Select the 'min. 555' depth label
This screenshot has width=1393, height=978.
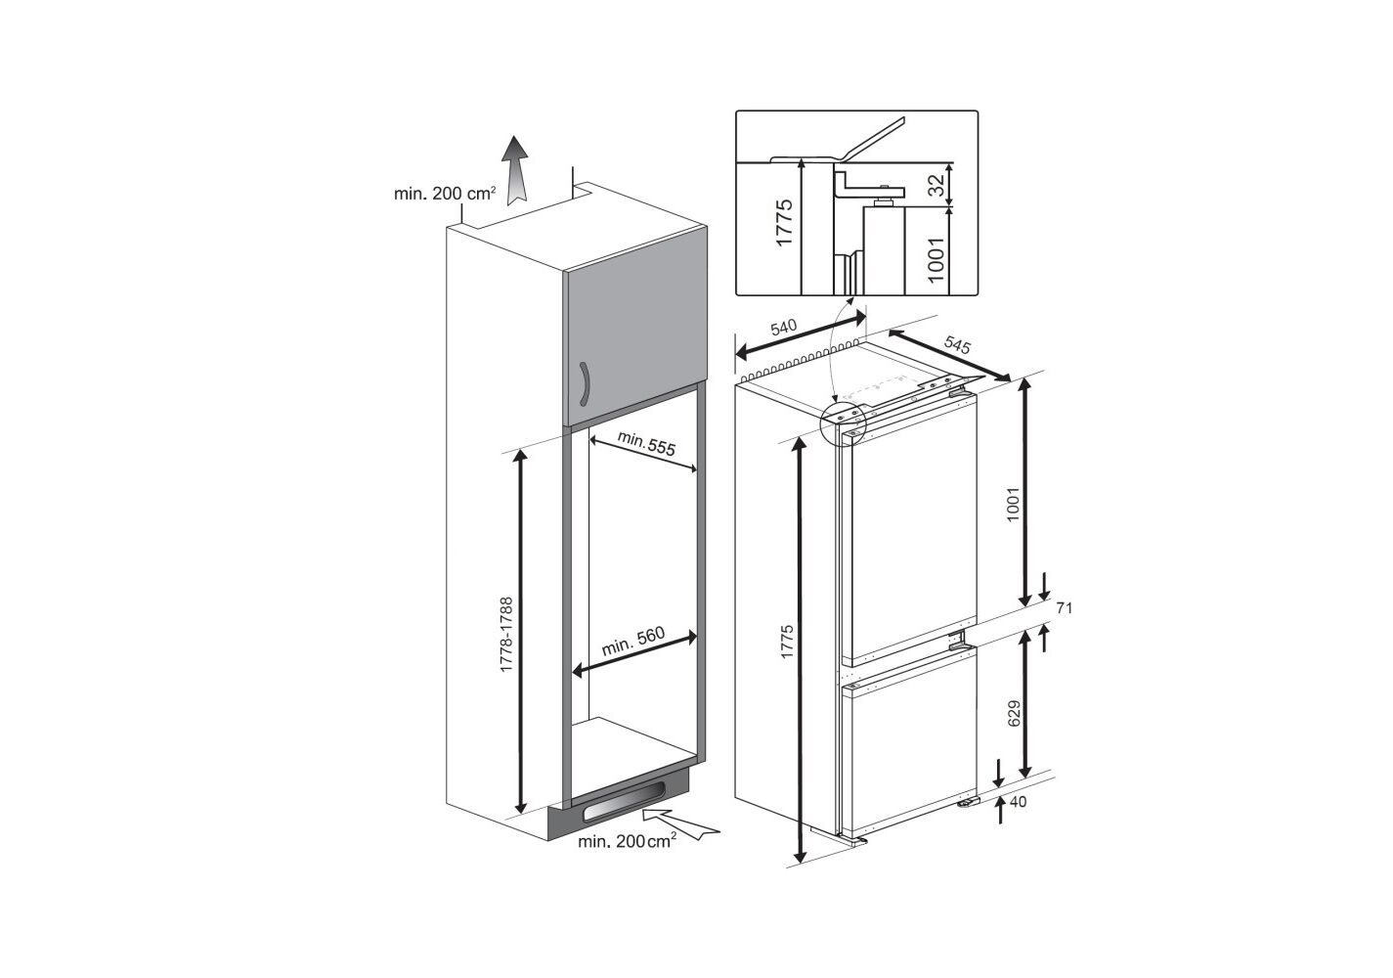click(x=646, y=444)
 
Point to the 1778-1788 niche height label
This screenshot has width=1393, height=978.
click(x=506, y=634)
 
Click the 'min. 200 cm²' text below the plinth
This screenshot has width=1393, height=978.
click(x=628, y=842)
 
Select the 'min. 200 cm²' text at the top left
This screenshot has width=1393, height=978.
click(x=445, y=193)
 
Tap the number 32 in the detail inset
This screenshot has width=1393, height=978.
click(x=936, y=185)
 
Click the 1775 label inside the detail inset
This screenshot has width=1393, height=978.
click(x=784, y=222)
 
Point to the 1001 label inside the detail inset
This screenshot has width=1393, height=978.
click(x=936, y=259)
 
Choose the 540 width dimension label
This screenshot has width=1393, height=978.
click(x=784, y=328)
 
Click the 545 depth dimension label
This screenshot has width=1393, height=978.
click(x=956, y=344)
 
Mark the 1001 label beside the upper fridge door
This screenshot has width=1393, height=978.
click(x=1013, y=504)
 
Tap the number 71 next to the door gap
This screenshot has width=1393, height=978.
click(x=1064, y=608)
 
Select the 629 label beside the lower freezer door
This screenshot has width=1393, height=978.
click(x=1014, y=713)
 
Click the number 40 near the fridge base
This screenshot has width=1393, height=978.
click(x=1018, y=802)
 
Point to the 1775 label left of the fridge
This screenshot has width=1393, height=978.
click(x=787, y=642)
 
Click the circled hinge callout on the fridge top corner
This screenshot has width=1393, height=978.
click(x=843, y=422)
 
